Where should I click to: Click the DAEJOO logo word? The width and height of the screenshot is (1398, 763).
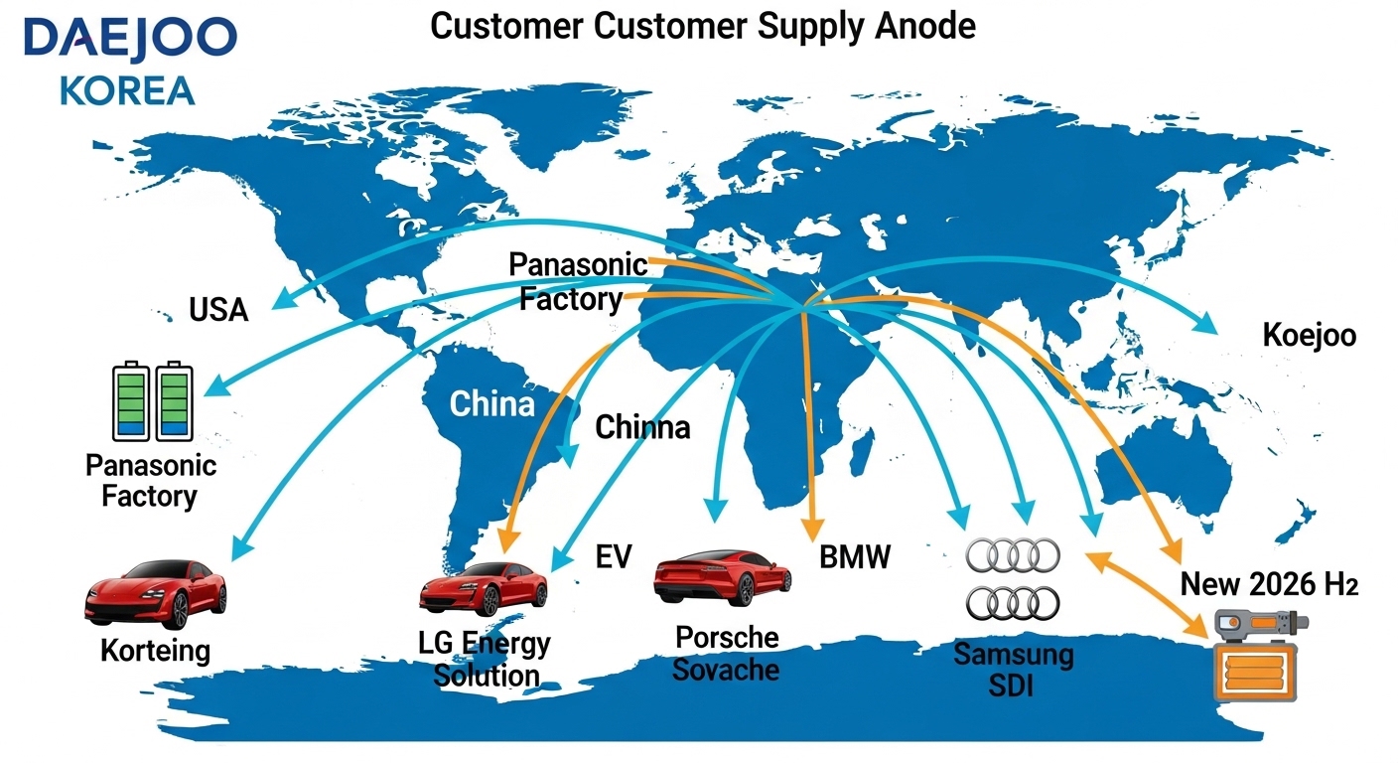point(130,40)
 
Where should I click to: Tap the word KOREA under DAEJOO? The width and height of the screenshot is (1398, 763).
point(127,90)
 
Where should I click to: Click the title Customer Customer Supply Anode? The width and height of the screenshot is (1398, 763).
point(703,27)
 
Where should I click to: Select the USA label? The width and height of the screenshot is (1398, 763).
point(218,310)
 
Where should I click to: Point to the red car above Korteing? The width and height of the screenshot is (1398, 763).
point(156,594)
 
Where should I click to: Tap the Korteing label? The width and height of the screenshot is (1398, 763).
point(156,652)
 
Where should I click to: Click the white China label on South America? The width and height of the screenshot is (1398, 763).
point(491,404)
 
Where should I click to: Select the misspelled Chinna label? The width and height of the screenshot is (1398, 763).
point(641,427)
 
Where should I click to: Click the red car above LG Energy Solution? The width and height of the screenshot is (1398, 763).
point(484,590)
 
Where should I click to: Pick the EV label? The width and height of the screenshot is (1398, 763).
point(614,556)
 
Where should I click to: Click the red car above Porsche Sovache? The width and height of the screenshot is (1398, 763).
point(722,577)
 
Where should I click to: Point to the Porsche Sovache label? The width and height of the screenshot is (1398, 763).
point(726,653)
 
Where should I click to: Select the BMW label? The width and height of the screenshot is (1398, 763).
point(855,556)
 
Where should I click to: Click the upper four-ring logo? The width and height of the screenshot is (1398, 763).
point(1013,555)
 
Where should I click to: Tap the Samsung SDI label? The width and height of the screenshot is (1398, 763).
point(1014,670)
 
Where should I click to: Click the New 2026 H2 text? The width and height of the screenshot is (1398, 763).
point(1268,583)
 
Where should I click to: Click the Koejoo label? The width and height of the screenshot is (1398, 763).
point(1309,336)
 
